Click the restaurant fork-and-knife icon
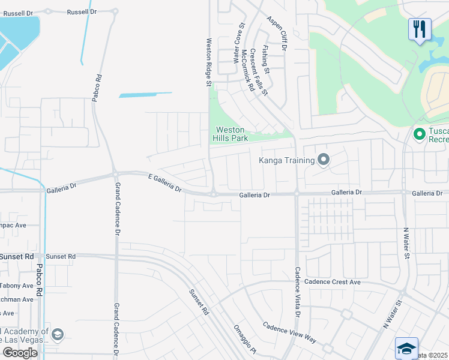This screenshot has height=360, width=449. (420, 29)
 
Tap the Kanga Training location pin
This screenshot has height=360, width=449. (324, 160)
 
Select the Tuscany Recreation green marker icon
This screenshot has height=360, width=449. (420, 133)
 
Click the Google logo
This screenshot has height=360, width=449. (20, 353)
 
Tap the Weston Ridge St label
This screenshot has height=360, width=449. (209, 62)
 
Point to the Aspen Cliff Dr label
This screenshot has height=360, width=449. (278, 34)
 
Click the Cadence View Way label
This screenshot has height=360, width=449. (289, 332)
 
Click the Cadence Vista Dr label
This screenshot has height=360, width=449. (297, 292)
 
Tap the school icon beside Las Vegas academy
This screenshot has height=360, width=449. (58, 334)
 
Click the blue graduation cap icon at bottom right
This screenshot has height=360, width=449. (406, 348)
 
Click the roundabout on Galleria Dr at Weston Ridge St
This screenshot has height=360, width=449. (213, 193)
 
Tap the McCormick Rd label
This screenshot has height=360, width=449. (248, 70)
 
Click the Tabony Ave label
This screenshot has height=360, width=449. (17, 286)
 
